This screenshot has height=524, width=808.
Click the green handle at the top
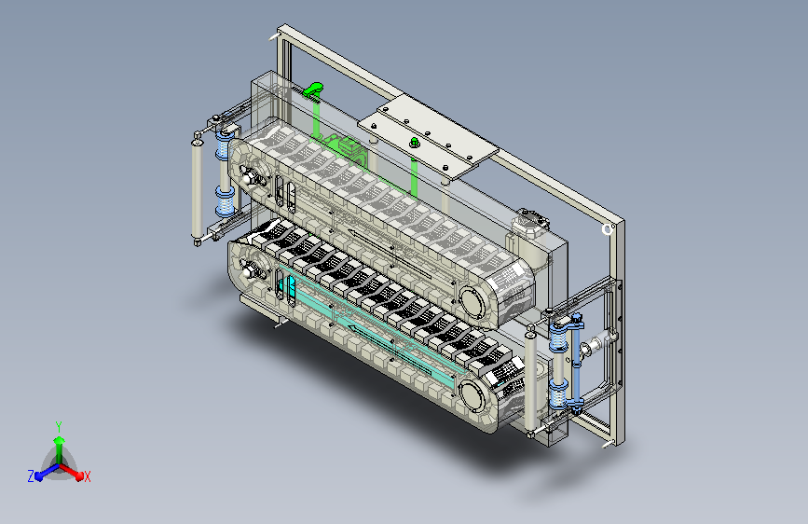point(313,90)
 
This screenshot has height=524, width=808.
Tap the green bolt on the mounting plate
point(413,142)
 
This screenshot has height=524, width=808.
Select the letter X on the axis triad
point(87,477)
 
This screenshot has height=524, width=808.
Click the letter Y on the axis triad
point(59,427)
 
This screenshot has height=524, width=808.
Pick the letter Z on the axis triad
point(31,476)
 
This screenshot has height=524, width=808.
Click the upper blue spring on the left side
point(224,144)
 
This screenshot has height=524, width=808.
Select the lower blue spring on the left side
point(226,201)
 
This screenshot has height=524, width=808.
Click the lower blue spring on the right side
point(557,393)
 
